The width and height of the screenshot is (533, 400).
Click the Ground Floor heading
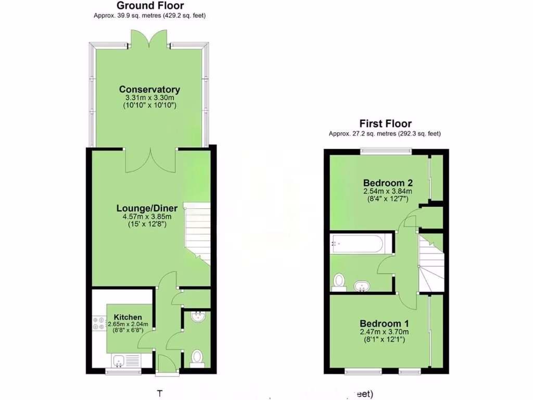tap(149, 6)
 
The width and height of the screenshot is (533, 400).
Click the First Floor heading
tap(385, 124)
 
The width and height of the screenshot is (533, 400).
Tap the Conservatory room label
tap(149, 90)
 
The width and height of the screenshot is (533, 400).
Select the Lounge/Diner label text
tap(143, 209)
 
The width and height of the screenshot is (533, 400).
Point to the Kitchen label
tap(128, 317)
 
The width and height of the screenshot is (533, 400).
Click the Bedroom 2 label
tap(388, 183)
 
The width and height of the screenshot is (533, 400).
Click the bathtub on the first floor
tap(358, 243)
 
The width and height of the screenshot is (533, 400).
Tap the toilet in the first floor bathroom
tap(339, 281)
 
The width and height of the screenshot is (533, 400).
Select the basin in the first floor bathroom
tap(362, 285)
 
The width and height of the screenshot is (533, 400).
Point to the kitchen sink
tap(119, 360)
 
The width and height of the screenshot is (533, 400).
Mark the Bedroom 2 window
tap(386, 152)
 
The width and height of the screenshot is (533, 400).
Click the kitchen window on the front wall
tap(123, 371)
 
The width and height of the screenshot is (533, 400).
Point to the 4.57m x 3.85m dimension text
tap(143, 217)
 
